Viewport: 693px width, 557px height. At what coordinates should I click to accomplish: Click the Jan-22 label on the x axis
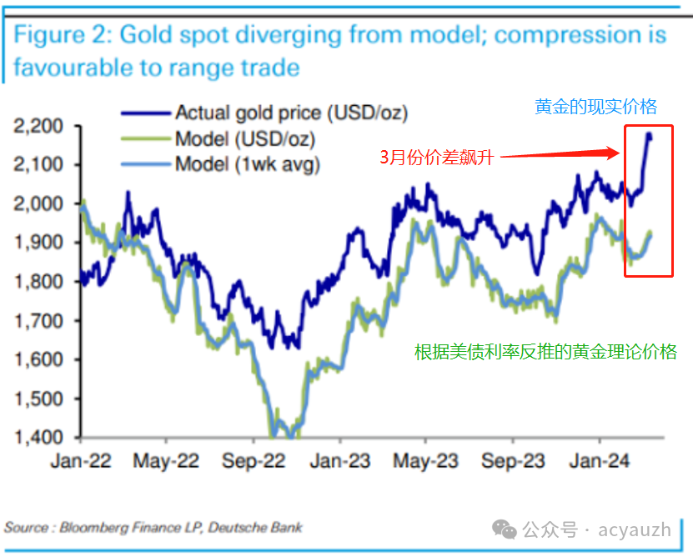coord(82,460)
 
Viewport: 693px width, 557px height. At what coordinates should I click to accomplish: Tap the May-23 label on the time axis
coord(425,460)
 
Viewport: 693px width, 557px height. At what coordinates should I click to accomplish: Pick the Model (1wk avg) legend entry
coord(247,163)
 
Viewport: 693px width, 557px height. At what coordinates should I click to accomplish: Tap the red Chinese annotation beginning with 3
coord(436,157)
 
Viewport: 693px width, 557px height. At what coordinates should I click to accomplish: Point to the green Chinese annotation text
coord(545,352)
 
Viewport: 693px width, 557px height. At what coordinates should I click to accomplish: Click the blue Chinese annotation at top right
coord(595,106)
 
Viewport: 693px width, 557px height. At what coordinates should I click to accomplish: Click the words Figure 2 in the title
coord(62,35)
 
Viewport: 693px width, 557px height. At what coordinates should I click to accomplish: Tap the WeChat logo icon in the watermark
coord(504,529)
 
